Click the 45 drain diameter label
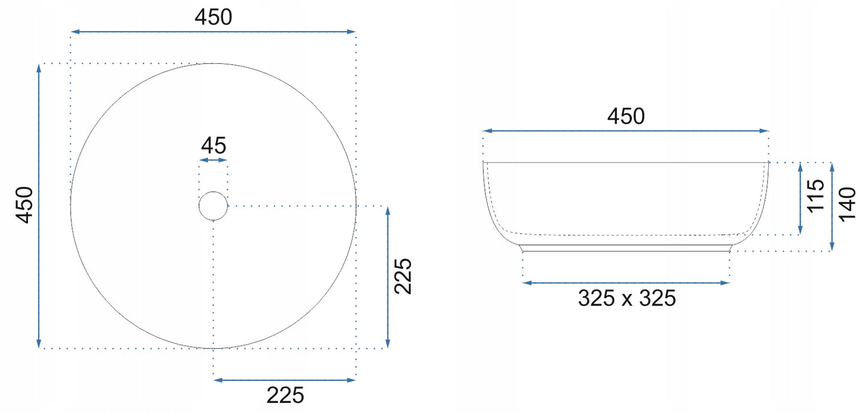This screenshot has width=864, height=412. (x=213, y=146)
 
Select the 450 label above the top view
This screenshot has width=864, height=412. (x=213, y=17)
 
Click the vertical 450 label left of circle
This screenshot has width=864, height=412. (x=24, y=205)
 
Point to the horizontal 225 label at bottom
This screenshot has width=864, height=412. (x=285, y=395)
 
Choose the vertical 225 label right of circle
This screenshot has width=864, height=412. (x=403, y=276)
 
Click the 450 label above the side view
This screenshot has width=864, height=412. (x=625, y=116)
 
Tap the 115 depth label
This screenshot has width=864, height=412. (x=816, y=196)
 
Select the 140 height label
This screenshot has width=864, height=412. (x=847, y=204)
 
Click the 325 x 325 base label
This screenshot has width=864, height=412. (x=627, y=298)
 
